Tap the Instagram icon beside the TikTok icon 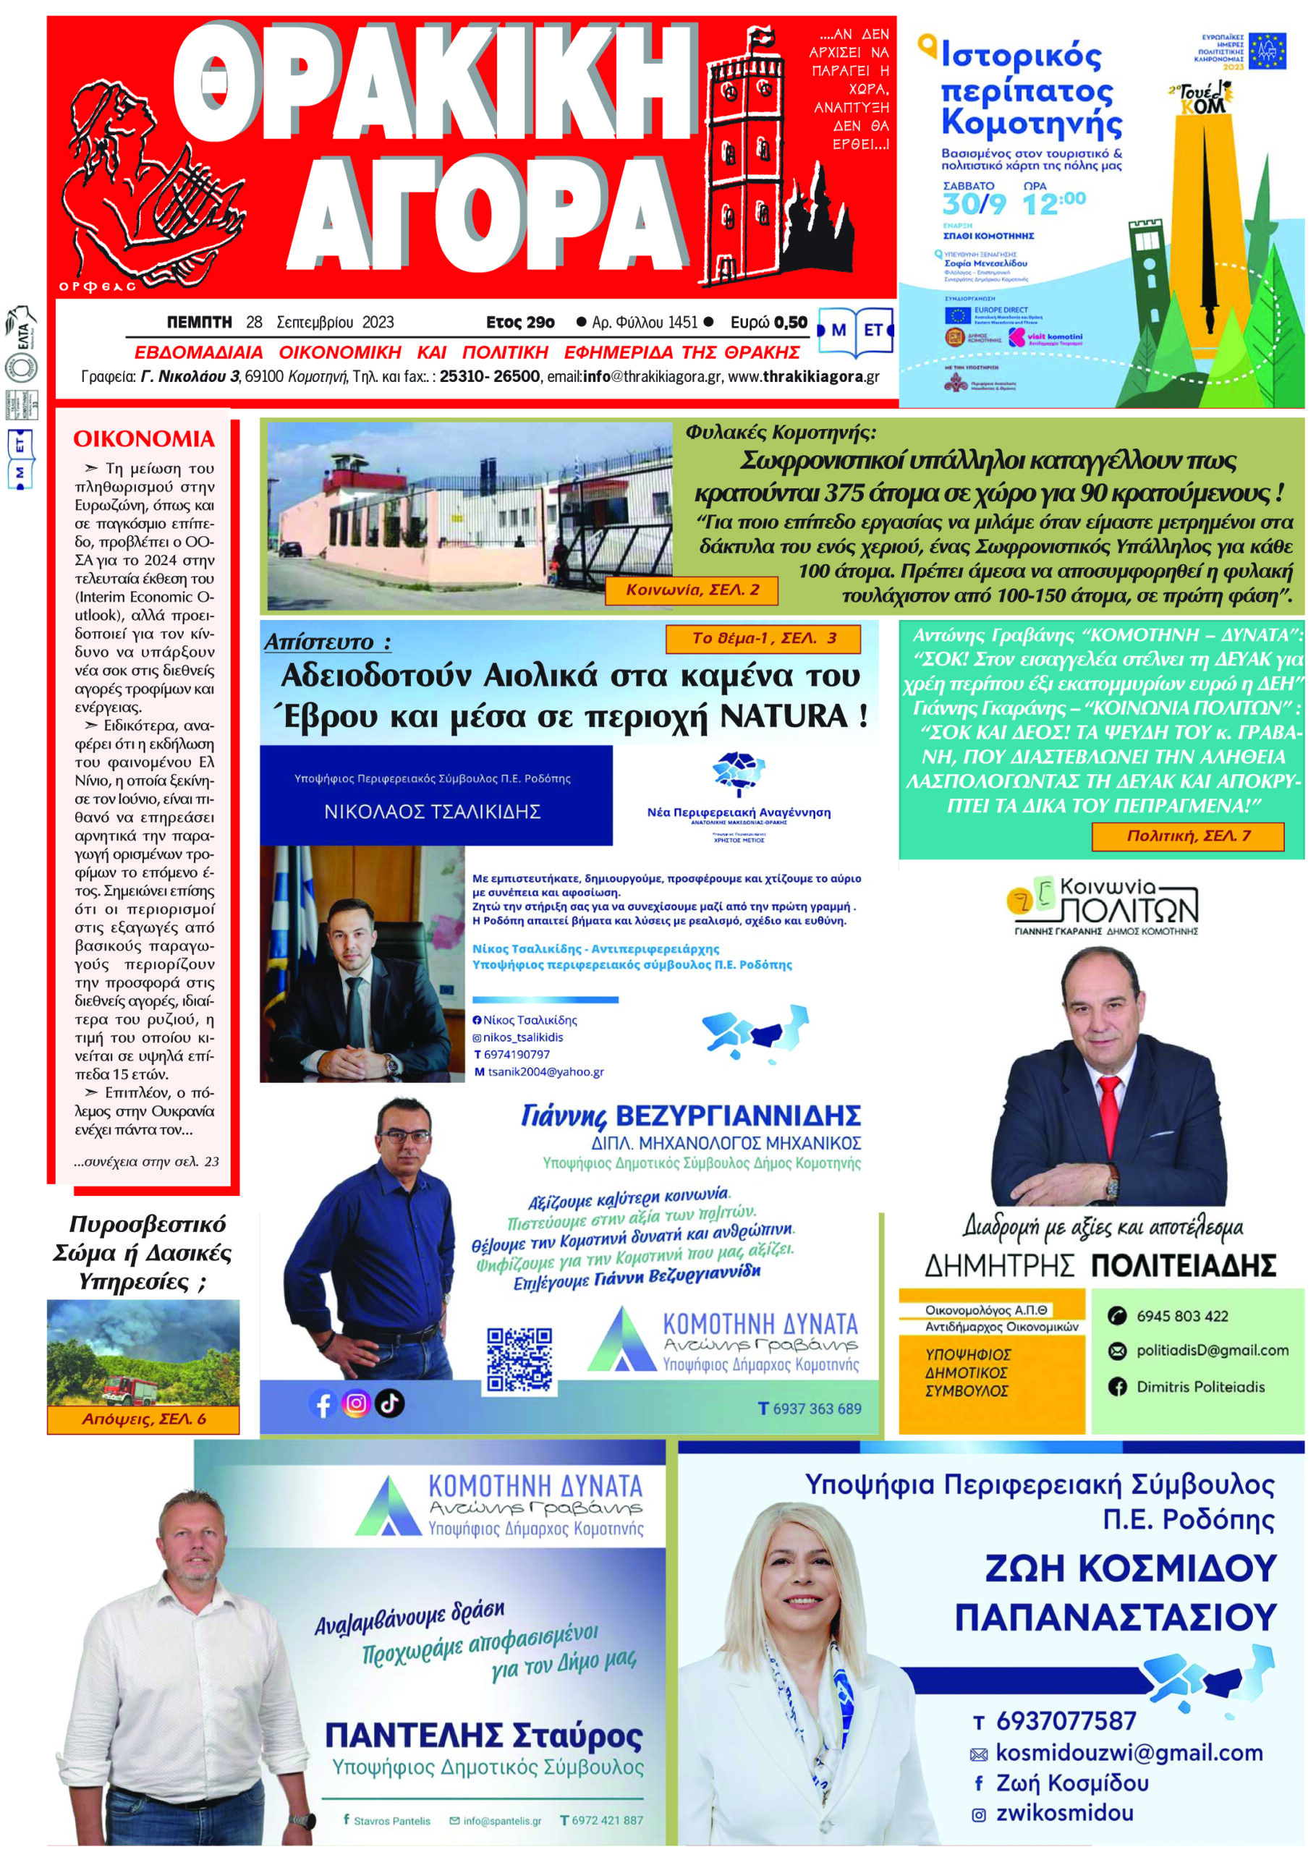pos(356,1403)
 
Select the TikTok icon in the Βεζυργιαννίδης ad pos(390,1402)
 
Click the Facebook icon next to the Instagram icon pos(323,1404)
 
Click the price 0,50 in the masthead pos(790,323)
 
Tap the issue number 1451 pos(680,323)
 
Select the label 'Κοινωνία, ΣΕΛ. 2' pos(691,590)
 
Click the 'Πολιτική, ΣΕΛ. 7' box pos(1187,836)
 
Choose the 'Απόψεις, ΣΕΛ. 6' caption pos(143,1419)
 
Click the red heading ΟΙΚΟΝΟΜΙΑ pos(143,439)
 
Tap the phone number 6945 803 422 pos(1181,1317)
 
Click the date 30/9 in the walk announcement pos(973,204)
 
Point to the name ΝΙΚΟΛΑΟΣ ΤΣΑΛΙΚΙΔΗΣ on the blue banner pos(432,811)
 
